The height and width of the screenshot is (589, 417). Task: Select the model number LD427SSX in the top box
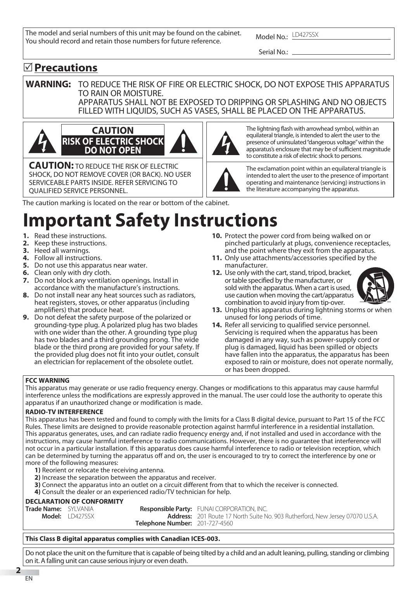click(305, 35)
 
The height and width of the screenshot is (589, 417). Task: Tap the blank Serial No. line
click(341, 52)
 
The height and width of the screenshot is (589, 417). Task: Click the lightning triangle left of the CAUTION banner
click(42, 141)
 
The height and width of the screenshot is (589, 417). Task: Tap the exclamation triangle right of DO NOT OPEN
click(183, 141)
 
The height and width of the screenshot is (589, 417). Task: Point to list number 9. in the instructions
click(26, 317)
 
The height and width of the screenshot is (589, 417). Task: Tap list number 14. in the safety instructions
click(217, 325)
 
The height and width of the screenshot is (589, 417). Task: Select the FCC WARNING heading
click(47, 380)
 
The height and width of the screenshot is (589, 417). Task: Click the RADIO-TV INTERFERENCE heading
click(64, 412)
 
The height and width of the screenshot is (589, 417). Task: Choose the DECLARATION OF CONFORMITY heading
click(74, 501)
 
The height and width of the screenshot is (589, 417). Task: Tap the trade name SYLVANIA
click(81, 509)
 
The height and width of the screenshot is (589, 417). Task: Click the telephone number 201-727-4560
click(215, 523)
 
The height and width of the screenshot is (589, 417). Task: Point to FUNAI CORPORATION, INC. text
click(232, 509)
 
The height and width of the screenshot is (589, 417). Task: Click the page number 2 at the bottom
click(18, 570)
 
